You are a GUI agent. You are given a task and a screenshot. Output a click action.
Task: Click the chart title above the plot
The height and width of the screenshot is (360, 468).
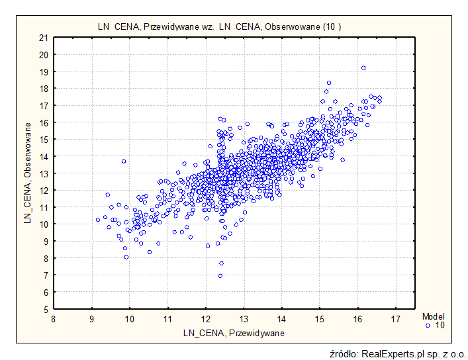coord(219,26)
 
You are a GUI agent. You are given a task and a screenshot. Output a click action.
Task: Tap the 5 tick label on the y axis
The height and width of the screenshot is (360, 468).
coord(44,309)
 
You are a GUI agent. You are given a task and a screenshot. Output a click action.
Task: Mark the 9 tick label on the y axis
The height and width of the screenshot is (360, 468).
coord(44,241)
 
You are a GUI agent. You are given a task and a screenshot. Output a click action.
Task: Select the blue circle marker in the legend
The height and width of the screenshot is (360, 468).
coord(428,326)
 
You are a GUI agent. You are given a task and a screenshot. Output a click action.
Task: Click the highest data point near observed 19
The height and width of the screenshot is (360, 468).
coord(363,67)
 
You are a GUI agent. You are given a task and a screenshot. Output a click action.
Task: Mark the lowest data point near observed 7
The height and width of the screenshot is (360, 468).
coord(220,275)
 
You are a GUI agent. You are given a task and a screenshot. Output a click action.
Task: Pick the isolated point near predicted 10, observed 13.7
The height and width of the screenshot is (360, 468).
coord(123,161)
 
